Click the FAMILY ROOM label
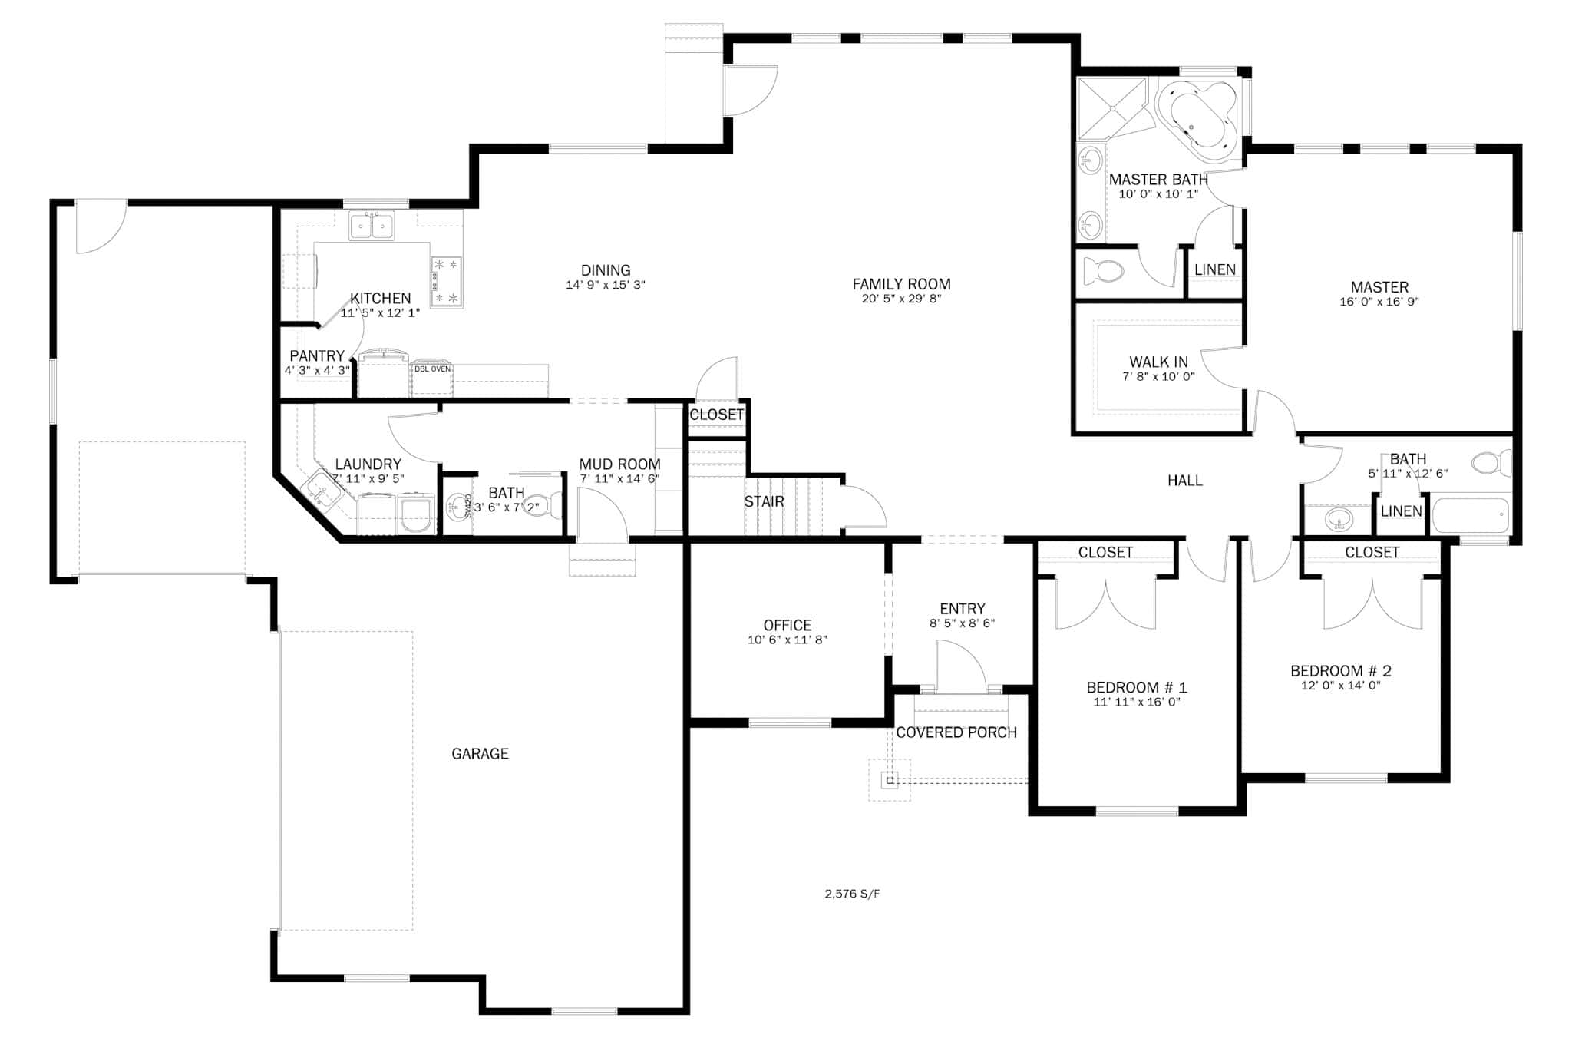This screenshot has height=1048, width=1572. [901, 284]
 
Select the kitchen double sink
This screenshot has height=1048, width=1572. [372, 226]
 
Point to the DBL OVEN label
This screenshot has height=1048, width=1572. [432, 369]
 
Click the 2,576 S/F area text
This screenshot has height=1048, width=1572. [852, 894]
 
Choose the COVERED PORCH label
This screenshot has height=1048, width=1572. [956, 732]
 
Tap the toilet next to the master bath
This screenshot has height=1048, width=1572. [1103, 270]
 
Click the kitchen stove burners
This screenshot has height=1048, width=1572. [446, 281]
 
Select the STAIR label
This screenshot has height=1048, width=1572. [764, 502]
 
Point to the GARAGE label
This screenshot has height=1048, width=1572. [480, 754]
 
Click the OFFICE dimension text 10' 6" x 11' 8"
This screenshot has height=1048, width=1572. [787, 640]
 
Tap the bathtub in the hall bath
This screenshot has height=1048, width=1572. [1470, 516]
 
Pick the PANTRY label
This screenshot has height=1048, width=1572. [317, 356]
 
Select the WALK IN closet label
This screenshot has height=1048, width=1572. [1158, 362]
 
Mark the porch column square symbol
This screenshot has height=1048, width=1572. [890, 781]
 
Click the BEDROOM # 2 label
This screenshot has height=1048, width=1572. [1340, 671]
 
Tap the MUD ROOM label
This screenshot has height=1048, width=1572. [619, 464]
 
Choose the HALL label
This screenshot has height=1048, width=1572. [1184, 481]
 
